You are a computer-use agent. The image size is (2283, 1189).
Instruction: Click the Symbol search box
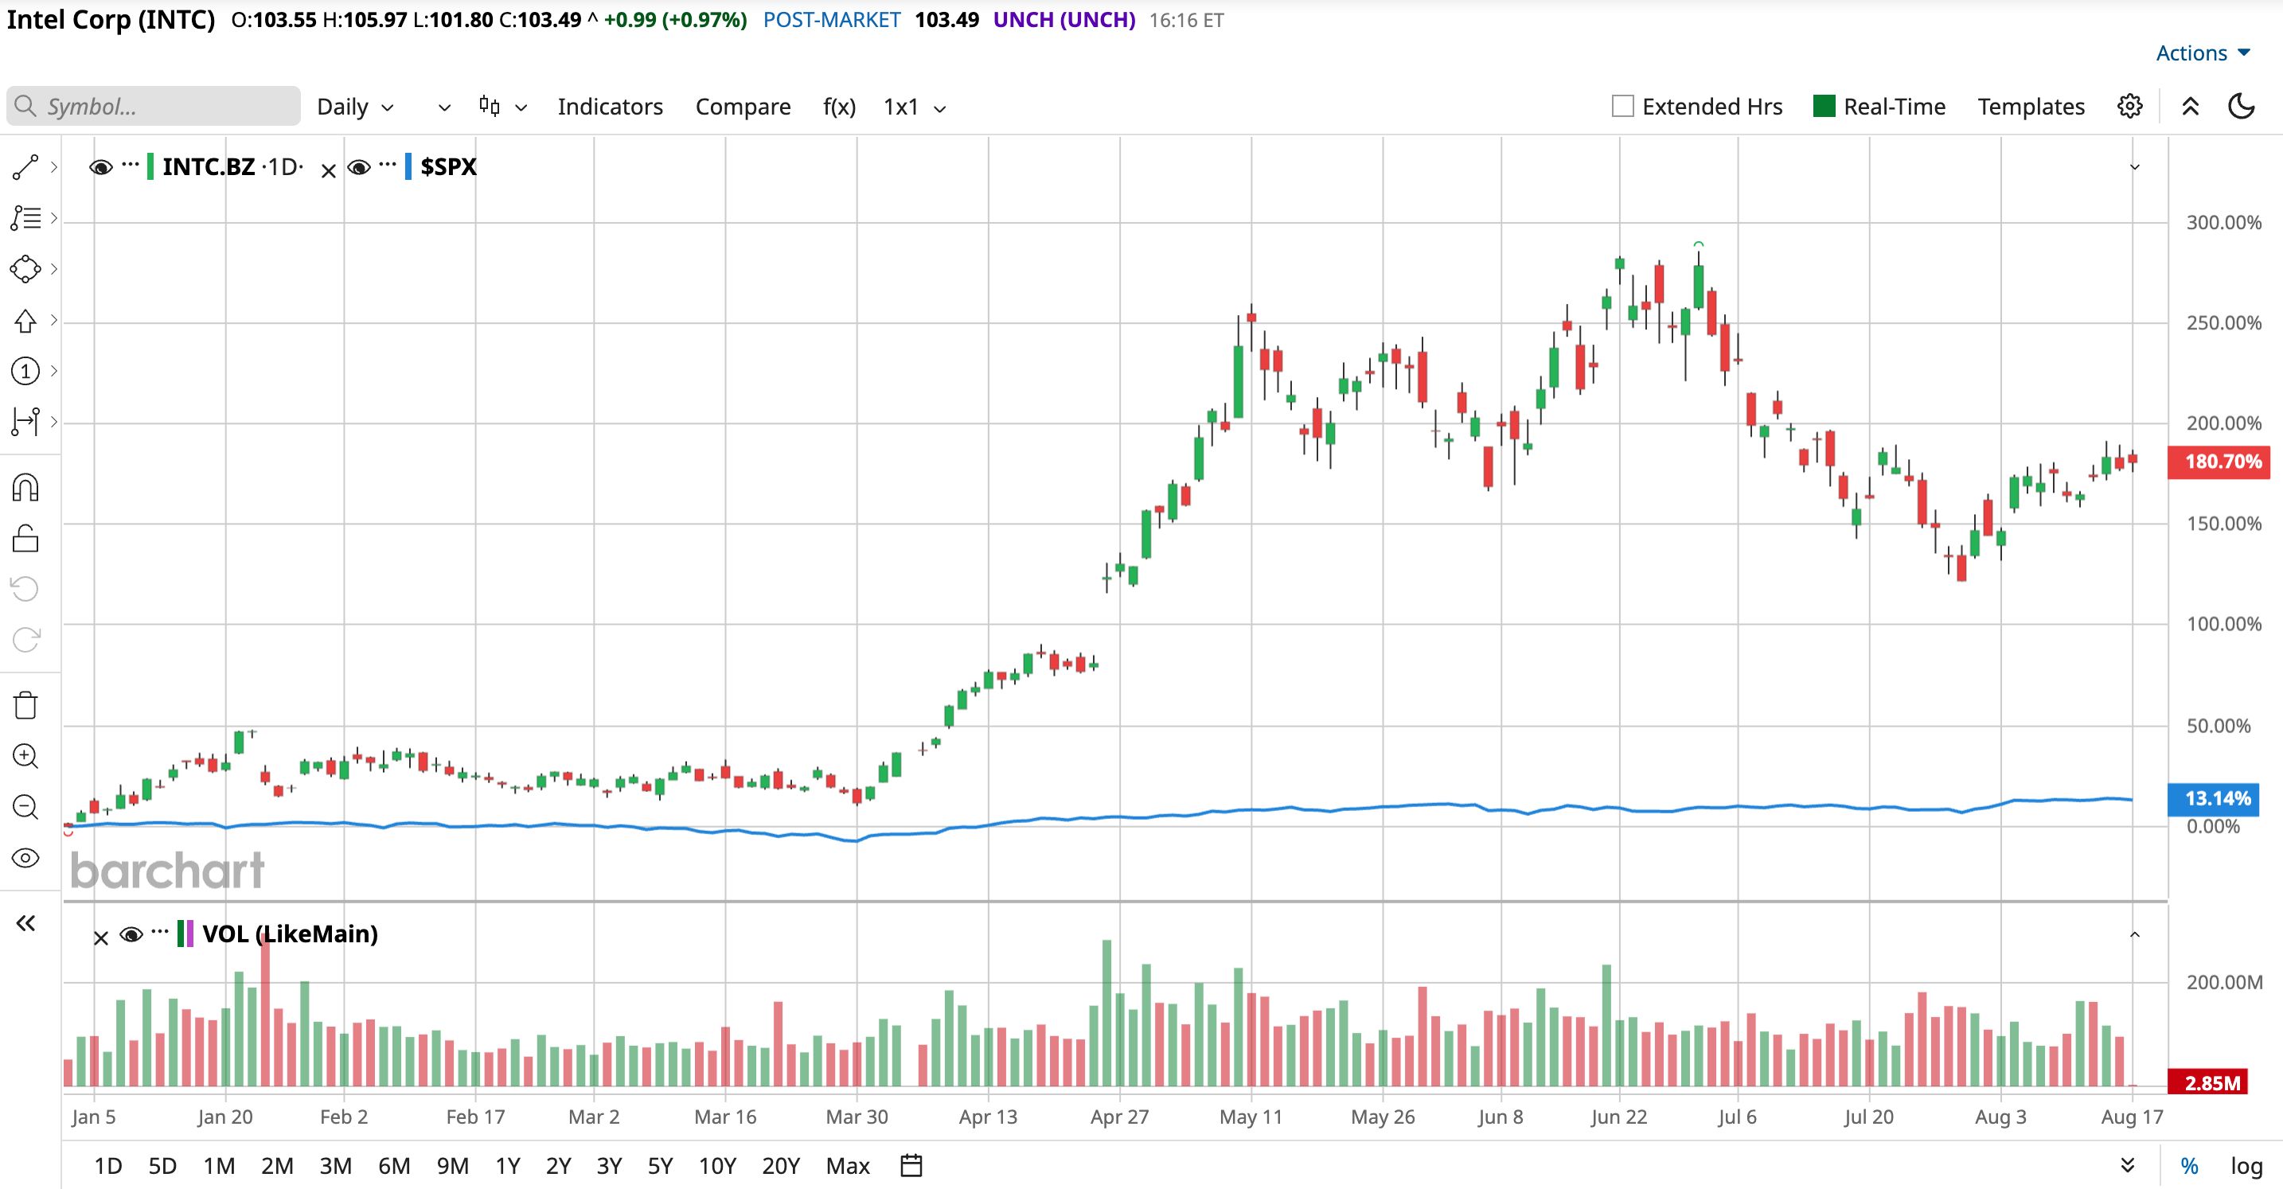point(154,107)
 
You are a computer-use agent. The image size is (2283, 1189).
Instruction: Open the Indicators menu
point(610,107)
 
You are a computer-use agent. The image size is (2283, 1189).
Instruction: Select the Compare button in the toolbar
point(743,107)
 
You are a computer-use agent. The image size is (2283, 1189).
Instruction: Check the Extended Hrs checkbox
point(1623,107)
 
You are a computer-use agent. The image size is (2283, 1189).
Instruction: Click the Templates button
point(2031,107)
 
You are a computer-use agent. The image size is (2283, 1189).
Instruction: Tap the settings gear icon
point(2129,107)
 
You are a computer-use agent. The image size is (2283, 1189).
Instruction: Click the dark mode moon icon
point(2242,107)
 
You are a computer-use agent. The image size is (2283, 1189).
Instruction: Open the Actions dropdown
point(2203,53)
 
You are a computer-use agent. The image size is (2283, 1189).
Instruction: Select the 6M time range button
point(393,1165)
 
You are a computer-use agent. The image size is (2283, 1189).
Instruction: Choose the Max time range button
point(847,1165)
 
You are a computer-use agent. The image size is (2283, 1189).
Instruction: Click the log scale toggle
point(2246,1166)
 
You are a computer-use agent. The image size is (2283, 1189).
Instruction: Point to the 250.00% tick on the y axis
point(2223,322)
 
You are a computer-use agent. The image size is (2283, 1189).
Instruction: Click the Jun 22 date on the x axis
point(1618,1117)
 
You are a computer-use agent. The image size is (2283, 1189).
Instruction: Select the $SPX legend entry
point(447,166)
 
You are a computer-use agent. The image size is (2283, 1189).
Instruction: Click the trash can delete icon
point(25,705)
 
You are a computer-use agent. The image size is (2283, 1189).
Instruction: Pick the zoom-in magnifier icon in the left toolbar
point(25,756)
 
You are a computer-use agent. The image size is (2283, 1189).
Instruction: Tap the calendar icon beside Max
point(911,1165)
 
